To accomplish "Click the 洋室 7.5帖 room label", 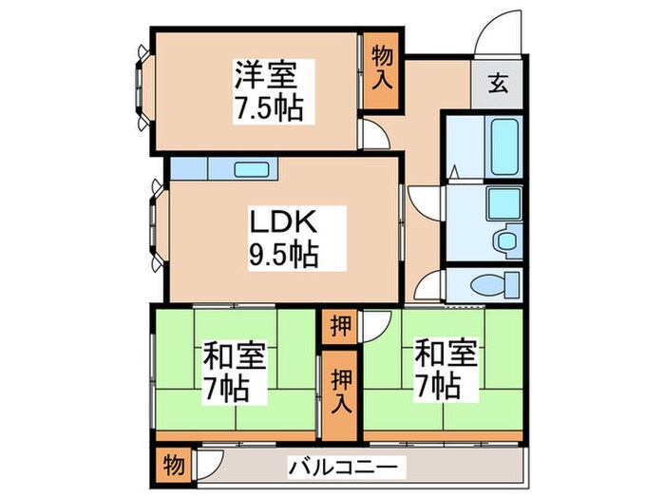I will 268,91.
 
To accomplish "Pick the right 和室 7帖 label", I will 437,371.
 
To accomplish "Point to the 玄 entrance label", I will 498,84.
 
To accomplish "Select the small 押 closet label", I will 339,326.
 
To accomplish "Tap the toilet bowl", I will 492,283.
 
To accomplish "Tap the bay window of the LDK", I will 155,229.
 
